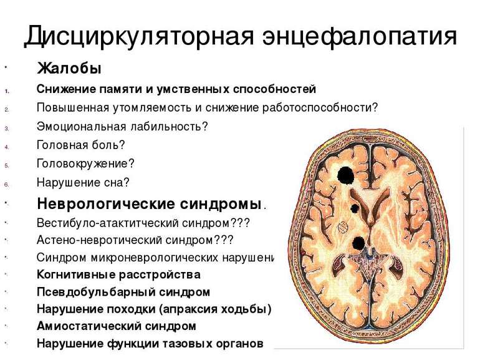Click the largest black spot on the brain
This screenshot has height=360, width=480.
click(345, 176)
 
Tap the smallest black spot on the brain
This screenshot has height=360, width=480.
click(354, 208)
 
